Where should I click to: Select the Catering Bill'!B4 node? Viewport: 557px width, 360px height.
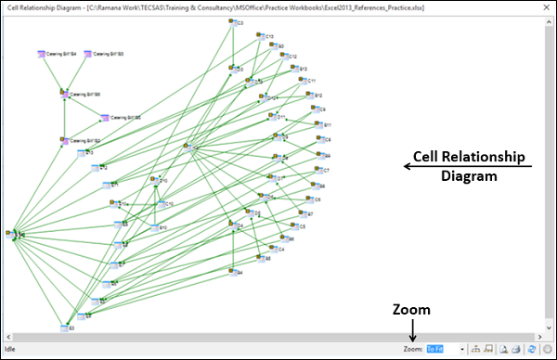tap(43, 55)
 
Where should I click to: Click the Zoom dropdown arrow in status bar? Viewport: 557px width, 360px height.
tap(462, 349)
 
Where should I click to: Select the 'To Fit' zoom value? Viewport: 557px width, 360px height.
tap(435, 349)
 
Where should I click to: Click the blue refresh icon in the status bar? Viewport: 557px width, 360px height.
tap(531, 349)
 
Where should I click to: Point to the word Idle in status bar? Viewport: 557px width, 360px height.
tap(13, 349)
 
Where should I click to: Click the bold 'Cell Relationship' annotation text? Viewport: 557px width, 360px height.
tap(469, 157)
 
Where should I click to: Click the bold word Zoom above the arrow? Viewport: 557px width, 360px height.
tap(412, 310)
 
